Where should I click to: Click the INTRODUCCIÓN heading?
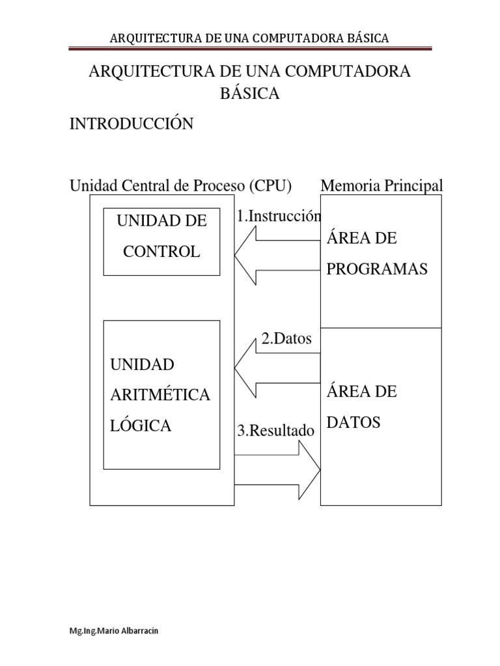click(132, 124)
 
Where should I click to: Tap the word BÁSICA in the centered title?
click(250, 94)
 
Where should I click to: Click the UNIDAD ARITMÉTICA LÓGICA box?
click(161, 395)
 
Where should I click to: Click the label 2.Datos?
click(286, 339)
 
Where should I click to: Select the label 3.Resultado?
click(275, 431)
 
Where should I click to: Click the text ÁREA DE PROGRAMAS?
click(376, 254)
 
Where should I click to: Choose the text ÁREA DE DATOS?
click(362, 407)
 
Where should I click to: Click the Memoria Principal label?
click(382, 186)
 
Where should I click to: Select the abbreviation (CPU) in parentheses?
click(269, 186)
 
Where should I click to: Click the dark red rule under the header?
click(250, 48)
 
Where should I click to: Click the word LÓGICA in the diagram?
click(141, 426)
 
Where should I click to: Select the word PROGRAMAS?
click(376, 269)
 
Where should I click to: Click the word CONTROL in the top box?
click(161, 252)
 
